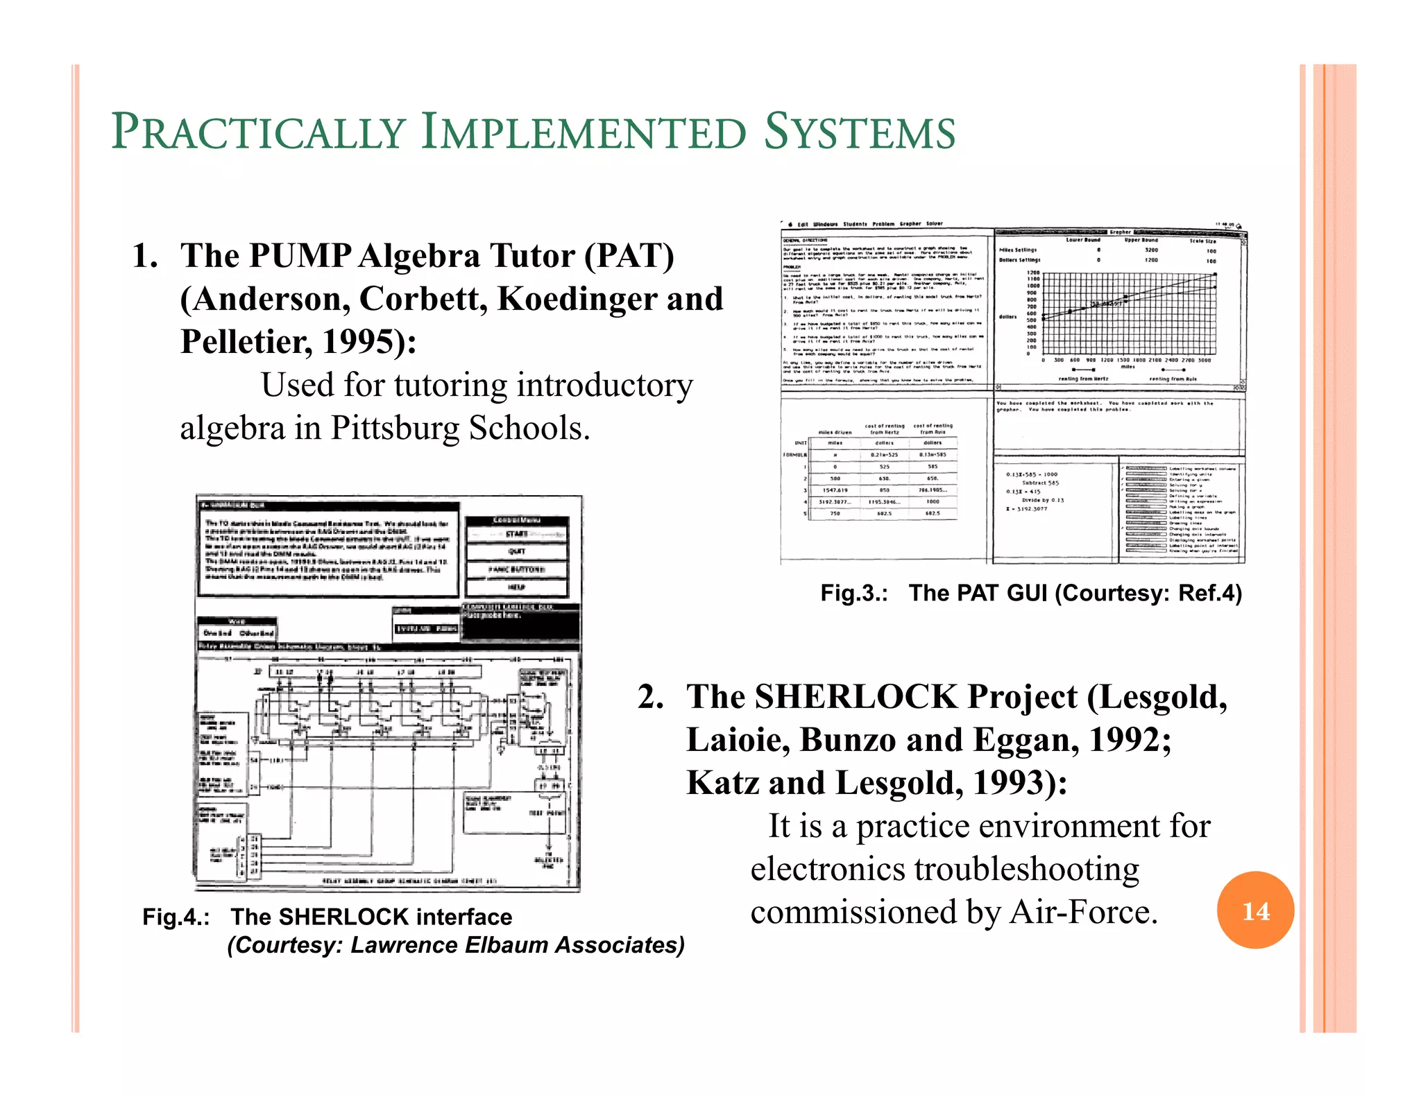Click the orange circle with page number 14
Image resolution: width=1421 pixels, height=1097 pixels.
[x=1255, y=910]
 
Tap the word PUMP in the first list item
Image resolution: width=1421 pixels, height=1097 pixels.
[x=300, y=256]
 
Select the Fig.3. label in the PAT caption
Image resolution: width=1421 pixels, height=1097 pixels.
[x=854, y=593]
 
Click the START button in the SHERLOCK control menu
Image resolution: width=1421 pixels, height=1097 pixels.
[x=517, y=534]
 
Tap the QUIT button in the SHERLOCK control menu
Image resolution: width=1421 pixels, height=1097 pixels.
[x=517, y=552]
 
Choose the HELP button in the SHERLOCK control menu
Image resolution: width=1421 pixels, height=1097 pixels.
[x=517, y=587]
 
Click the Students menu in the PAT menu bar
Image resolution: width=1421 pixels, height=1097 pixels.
[x=855, y=224]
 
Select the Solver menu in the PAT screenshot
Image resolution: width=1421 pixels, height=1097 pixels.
[x=934, y=224]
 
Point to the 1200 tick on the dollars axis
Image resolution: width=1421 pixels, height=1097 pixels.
[x=1033, y=273]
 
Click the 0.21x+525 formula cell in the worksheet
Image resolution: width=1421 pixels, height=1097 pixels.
[x=884, y=455]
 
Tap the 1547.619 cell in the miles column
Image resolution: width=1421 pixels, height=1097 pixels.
[x=835, y=490]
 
